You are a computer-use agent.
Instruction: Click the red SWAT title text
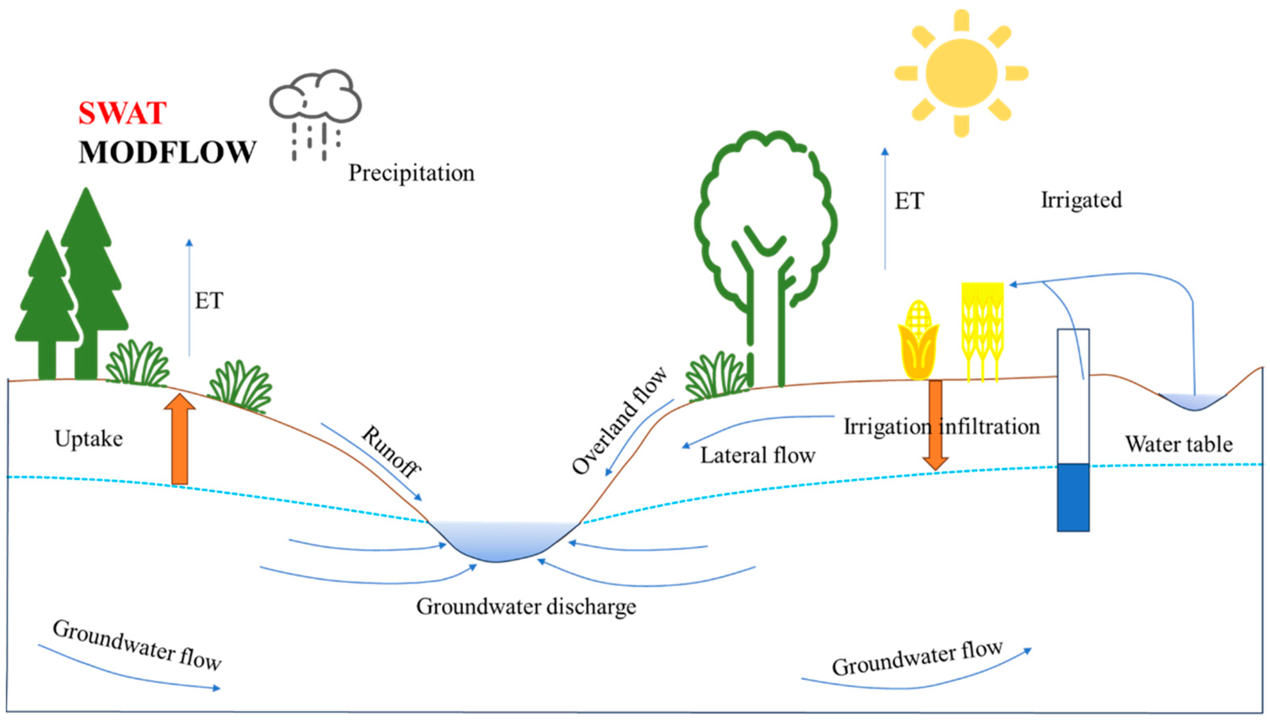tap(122, 113)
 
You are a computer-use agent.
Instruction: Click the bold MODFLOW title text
tap(167, 152)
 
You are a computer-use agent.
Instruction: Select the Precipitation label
tap(411, 173)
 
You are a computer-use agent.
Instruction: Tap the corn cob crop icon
tap(918, 342)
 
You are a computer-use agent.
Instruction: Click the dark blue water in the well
tap(1073, 497)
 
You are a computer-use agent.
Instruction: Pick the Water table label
tap(1179, 444)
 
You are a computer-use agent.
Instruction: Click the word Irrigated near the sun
tap(1081, 200)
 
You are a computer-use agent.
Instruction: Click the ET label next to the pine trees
tap(209, 301)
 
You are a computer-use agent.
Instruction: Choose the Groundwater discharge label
tap(526, 607)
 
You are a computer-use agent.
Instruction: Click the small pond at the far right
tap(1193, 402)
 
